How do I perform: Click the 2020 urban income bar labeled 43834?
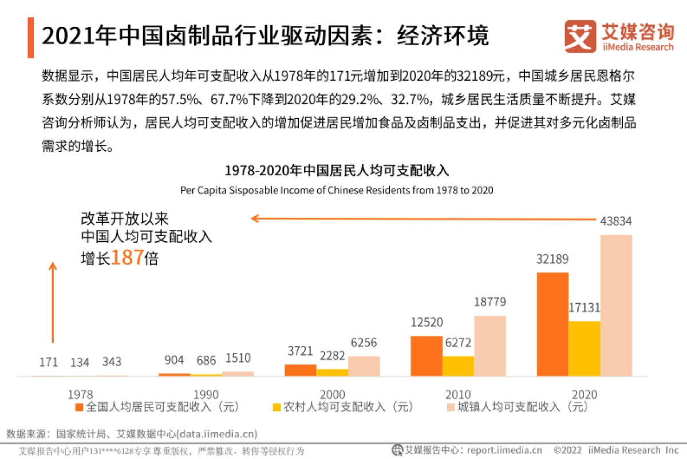tap(616, 305)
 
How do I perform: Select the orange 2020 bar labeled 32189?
tap(552, 324)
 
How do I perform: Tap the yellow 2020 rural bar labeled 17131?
tap(584, 348)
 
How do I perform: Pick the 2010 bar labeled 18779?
tap(489, 346)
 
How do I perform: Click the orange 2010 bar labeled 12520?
tap(427, 356)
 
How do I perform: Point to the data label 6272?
tap(458, 343)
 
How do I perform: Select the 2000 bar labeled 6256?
tap(364, 366)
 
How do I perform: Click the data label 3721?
tap(300, 351)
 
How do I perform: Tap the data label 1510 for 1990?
tap(238, 359)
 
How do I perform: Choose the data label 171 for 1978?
tap(49, 362)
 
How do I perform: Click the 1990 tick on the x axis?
tap(206, 394)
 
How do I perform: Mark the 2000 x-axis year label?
tap(332, 394)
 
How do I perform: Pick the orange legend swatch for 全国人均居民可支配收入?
tap(80, 407)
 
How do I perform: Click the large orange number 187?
tap(127, 258)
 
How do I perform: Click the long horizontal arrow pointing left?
tap(424, 218)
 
